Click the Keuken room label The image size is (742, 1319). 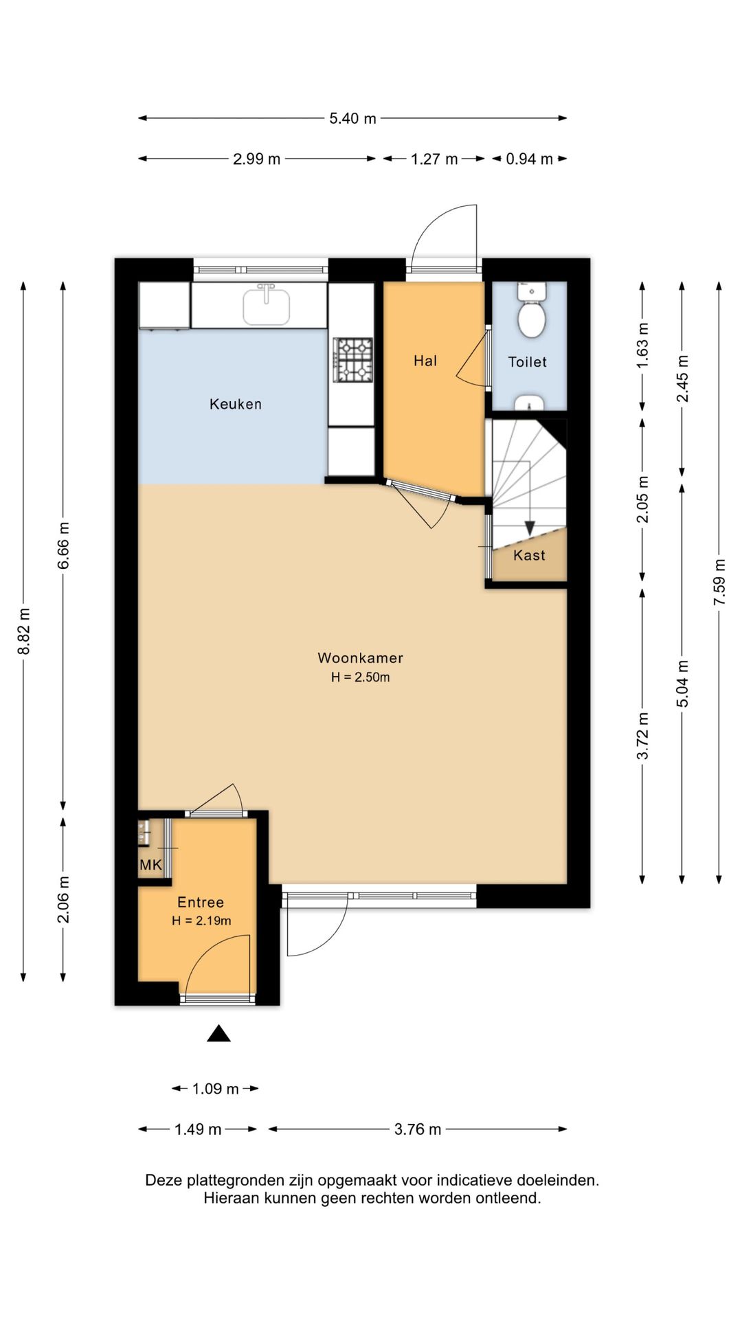click(x=236, y=404)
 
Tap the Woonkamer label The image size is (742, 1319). click(x=360, y=657)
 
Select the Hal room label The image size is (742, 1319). click(x=425, y=361)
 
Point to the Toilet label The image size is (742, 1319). click(x=528, y=362)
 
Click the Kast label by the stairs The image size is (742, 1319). click(x=529, y=555)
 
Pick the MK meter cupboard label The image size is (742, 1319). click(x=150, y=865)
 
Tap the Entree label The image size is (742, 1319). click(x=201, y=903)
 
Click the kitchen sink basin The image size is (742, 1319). click(x=266, y=306)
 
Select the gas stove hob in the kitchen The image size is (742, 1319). click(x=353, y=360)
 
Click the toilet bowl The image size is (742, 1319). click(x=531, y=319)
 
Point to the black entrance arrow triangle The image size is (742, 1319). click(x=219, y=1033)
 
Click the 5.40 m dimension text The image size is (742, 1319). click(x=352, y=118)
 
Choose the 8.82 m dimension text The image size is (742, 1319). click(x=24, y=631)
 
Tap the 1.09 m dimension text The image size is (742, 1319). click(x=215, y=1089)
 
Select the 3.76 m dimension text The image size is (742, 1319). click(x=418, y=1129)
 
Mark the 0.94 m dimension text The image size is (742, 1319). click(x=529, y=159)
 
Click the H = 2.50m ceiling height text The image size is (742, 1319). click(x=360, y=677)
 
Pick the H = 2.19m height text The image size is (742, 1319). click(x=201, y=921)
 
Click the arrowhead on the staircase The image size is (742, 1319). click(x=530, y=528)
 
